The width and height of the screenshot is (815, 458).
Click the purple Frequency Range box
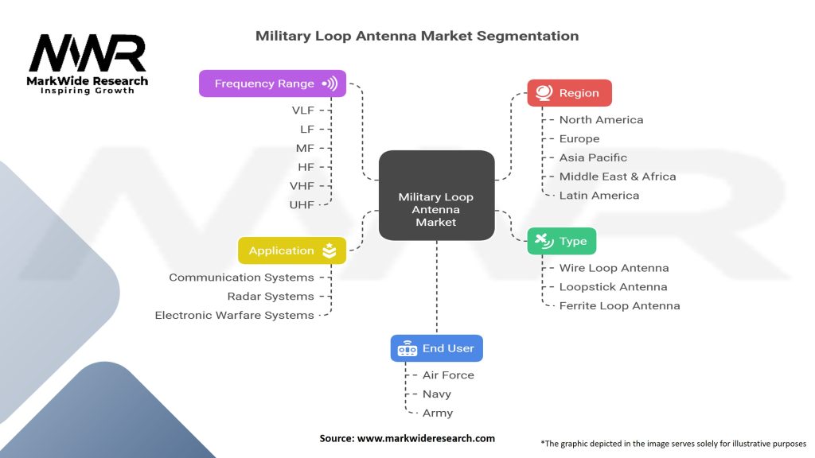click(272, 83)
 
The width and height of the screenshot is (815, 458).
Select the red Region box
click(569, 93)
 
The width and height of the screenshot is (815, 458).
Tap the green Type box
click(561, 241)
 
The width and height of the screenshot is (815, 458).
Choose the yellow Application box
click(291, 250)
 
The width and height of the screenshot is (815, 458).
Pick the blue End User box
click(436, 348)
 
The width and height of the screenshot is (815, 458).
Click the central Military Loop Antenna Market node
click(436, 209)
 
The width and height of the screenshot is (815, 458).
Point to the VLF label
click(302, 110)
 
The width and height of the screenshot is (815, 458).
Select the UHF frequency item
click(302, 204)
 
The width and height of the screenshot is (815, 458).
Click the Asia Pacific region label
click(593, 157)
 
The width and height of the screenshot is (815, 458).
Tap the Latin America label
click(599, 195)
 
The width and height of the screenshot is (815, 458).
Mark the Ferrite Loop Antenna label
click(619, 305)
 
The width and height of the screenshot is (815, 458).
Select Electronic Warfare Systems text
click(234, 315)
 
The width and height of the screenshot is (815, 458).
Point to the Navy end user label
click(437, 394)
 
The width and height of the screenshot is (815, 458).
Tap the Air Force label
click(448, 375)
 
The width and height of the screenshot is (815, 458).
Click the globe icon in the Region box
click(544, 93)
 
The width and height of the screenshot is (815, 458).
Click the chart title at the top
click(417, 36)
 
